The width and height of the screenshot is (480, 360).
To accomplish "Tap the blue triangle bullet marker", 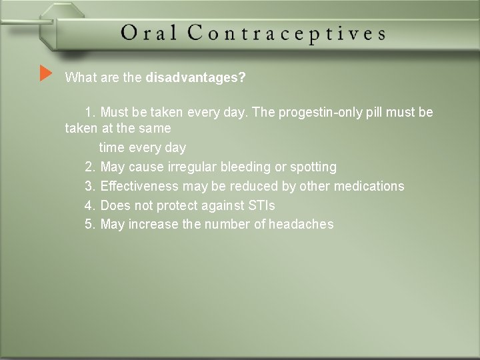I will tap(45, 73).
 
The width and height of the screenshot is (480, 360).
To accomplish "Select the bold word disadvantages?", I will tap(195, 78).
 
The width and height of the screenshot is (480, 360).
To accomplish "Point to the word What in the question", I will tap(79, 78).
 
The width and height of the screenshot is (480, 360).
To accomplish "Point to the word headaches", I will tap(301, 225).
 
